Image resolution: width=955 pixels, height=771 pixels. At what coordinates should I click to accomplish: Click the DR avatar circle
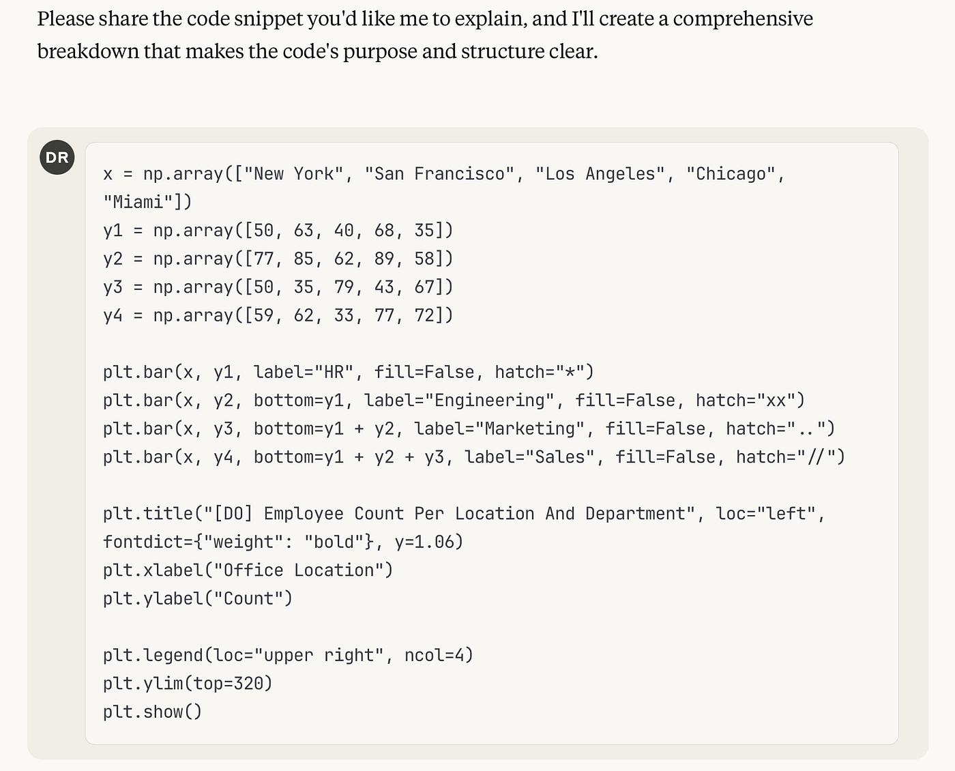(x=57, y=158)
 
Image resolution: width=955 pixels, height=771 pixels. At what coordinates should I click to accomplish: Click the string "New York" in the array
(x=293, y=174)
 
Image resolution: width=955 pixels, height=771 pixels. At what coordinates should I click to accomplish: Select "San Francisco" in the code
(x=439, y=174)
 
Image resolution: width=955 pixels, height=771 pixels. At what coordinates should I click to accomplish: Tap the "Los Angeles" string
(x=600, y=174)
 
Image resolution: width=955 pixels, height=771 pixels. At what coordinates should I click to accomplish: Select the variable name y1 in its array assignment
(x=113, y=231)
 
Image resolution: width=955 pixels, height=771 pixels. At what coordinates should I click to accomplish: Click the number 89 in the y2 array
(x=384, y=259)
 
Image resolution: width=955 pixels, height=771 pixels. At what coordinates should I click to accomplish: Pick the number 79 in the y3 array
(x=344, y=287)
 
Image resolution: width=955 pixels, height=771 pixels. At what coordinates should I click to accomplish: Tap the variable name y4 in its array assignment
(x=113, y=316)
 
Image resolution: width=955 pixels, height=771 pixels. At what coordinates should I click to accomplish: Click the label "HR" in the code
(x=334, y=373)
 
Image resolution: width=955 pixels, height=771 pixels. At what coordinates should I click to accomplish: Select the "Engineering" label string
(x=489, y=401)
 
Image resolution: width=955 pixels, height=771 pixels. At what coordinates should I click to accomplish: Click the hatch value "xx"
(x=776, y=401)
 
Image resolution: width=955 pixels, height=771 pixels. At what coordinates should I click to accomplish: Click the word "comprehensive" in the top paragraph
(x=743, y=18)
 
